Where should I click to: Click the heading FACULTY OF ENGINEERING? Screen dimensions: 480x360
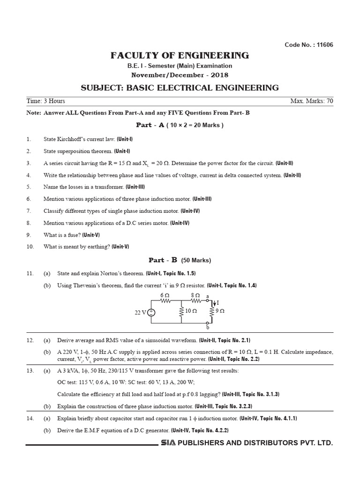(x=180, y=56)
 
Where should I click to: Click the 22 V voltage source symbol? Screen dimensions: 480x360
(x=151, y=313)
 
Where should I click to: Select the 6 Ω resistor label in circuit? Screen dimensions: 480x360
(x=165, y=295)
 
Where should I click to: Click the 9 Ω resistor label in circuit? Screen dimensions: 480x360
(x=220, y=310)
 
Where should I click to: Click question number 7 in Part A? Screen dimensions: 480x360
(x=29, y=211)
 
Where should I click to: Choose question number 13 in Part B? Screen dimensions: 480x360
(x=30, y=371)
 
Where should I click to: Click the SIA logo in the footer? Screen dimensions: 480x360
(x=168, y=442)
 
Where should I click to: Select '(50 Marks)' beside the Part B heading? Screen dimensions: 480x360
(x=196, y=260)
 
